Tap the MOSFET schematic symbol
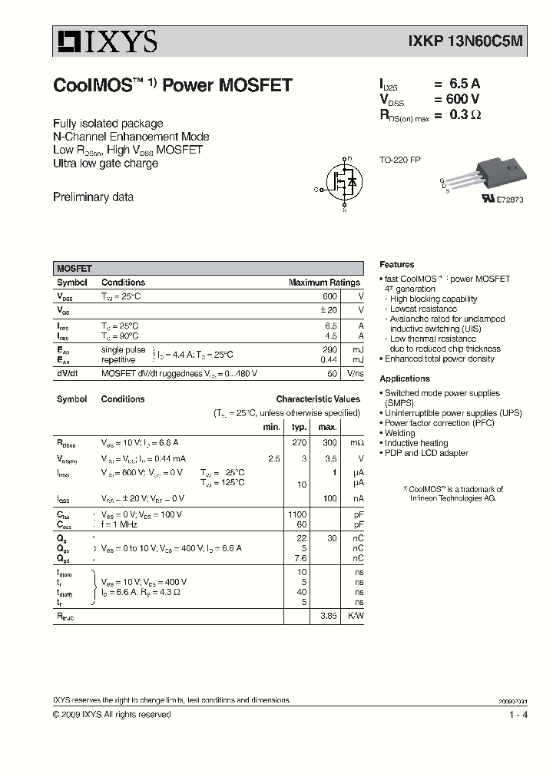pos(343,183)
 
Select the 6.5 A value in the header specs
pos(460,84)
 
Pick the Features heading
pos(396,264)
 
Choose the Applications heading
pos(404,379)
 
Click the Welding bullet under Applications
pos(399,433)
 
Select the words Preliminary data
pos(93,197)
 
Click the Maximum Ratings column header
pos(324,283)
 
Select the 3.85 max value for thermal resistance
pos(329,616)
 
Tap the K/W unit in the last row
pos(356,616)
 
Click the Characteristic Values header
pos(318,399)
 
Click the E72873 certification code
pos(508,200)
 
